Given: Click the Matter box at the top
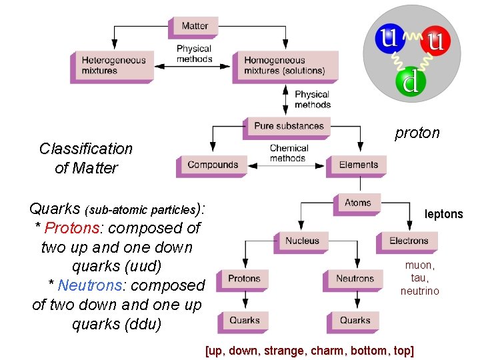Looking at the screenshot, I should click(195, 26).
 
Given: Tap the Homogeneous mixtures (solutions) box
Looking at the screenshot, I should click(285, 65).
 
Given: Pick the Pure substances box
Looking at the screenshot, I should click(289, 125).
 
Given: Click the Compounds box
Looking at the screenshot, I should click(213, 165).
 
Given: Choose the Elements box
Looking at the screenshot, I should click(358, 165).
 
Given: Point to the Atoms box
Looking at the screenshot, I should click(358, 203).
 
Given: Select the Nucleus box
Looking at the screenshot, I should click(302, 241).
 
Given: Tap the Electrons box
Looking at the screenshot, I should click(409, 241).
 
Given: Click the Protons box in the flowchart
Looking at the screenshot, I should click(244, 279).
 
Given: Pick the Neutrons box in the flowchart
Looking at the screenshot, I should click(355, 279).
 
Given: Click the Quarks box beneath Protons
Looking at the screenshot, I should click(244, 321).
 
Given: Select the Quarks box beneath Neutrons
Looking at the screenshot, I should click(355, 321).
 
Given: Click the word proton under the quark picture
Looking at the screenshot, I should click(417, 133).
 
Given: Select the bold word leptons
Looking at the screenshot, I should click(443, 214).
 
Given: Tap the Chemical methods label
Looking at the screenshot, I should click(289, 153).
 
